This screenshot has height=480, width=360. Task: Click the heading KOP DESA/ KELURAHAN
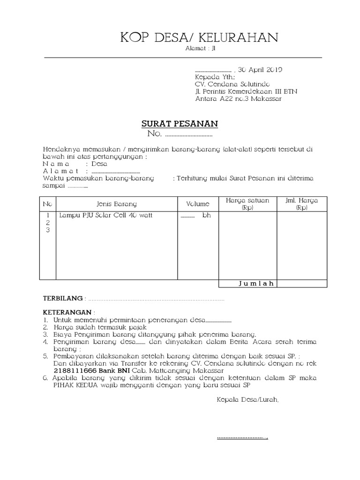click(199, 37)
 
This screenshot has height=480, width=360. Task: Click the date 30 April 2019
click(260, 70)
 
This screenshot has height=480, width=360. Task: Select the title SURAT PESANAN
click(180, 124)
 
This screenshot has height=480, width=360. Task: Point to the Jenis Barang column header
click(117, 204)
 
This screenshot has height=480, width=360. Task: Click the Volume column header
click(198, 204)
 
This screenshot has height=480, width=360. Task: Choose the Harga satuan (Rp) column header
click(247, 204)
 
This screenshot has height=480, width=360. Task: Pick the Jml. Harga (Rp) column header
click(301, 204)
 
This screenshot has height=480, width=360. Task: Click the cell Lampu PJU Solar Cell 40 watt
click(106, 216)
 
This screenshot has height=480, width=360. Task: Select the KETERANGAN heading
click(68, 312)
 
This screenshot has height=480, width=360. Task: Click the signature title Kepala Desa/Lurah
click(247, 400)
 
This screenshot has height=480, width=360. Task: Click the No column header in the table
click(47, 204)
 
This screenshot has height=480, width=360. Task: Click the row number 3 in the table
click(47, 230)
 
